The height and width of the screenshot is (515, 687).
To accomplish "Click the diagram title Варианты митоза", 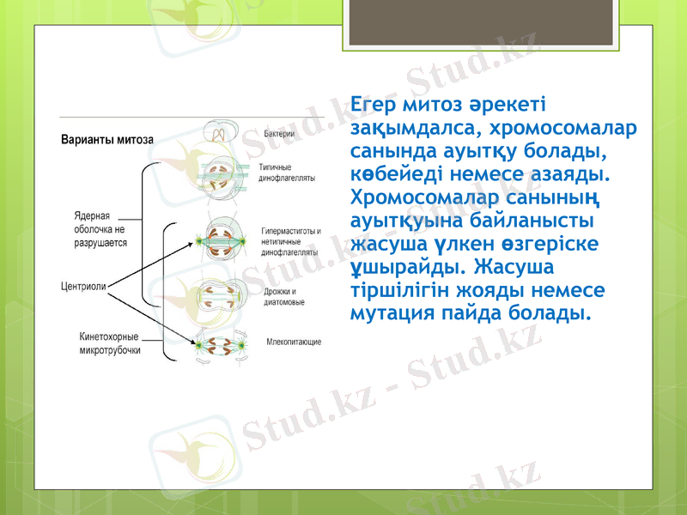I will point(106,139).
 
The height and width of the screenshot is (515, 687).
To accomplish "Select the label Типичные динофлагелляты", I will point(286,172).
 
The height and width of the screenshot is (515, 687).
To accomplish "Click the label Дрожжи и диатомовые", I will point(283,297).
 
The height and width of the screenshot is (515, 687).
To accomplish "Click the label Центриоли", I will point(82,287).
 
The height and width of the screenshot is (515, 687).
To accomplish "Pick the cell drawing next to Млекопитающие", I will point(222,343).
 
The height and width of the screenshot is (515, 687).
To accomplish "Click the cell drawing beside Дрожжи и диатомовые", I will point(222,296).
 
